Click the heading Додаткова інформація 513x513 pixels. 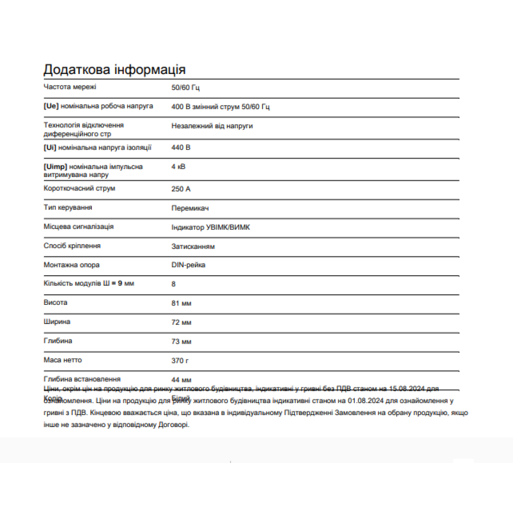point(115,70)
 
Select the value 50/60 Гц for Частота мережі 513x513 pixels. point(186,88)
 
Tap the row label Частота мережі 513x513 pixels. point(70,87)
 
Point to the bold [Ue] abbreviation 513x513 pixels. point(51,106)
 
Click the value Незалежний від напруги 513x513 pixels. point(212,126)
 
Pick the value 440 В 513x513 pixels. point(181,147)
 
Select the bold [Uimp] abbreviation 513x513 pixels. point(55,167)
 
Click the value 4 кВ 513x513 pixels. point(178,167)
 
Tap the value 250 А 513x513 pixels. point(181,189)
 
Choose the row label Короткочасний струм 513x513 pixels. point(79,188)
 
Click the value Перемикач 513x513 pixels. point(190,208)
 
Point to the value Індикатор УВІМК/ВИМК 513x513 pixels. point(210,227)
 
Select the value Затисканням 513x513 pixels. point(193,247)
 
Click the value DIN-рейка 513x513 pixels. point(188,265)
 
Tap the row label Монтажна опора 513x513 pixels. point(71,265)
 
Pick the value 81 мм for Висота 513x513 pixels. point(181,304)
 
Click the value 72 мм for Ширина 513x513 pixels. point(181,322)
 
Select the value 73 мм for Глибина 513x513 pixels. point(181,342)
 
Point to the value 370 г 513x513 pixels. point(180,361)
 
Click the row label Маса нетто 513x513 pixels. point(62,360)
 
